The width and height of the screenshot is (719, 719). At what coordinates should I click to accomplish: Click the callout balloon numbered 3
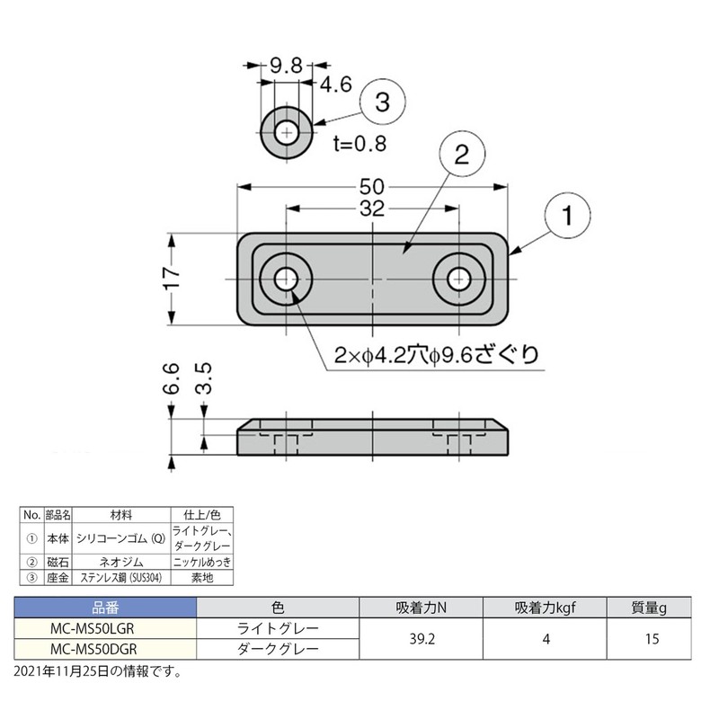point(382,103)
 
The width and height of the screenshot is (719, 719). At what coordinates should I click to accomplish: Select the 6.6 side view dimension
point(173,380)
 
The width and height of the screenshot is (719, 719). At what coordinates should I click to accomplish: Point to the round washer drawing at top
point(287,134)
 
